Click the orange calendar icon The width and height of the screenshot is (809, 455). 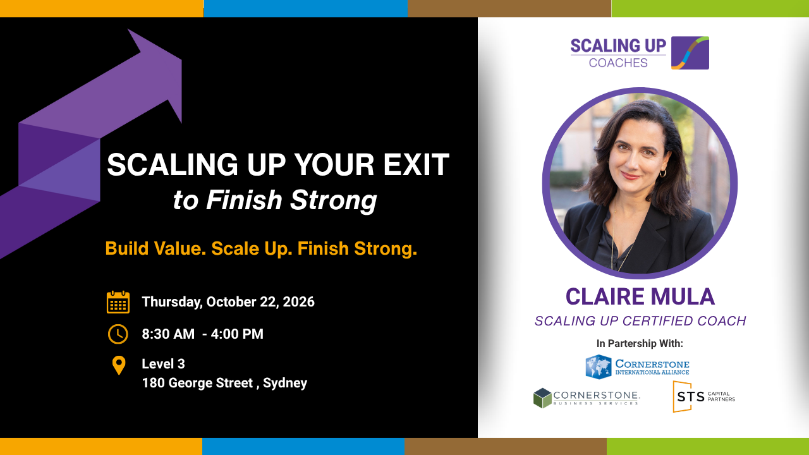[x=118, y=302]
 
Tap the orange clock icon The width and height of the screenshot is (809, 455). [x=118, y=334]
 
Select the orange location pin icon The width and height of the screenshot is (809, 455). [x=119, y=365]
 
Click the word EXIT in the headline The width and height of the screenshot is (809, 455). [x=416, y=165]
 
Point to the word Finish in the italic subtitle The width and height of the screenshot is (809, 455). [x=244, y=200]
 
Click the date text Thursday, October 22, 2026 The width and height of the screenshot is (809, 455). [x=228, y=302]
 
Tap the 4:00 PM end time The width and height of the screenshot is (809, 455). [x=237, y=334]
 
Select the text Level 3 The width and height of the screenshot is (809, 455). [x=163, y=364]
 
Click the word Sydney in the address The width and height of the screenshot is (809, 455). [x=285, y=383]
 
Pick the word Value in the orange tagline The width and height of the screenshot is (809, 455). [x=178, y=248]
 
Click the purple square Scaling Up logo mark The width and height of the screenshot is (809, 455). [x=690, y=52]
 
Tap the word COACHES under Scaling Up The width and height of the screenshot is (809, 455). [x=618, y=63]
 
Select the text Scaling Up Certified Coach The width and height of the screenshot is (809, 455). [x=640, y=321]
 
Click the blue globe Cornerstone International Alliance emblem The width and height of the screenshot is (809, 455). [x=599, y=367]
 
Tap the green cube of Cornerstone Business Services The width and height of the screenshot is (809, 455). [x=542, y=398]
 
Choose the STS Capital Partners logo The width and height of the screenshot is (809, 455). [x=703, y=396]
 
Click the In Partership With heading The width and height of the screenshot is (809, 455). [x=640, y=343]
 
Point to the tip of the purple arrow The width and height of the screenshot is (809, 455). [x=181, y=60]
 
